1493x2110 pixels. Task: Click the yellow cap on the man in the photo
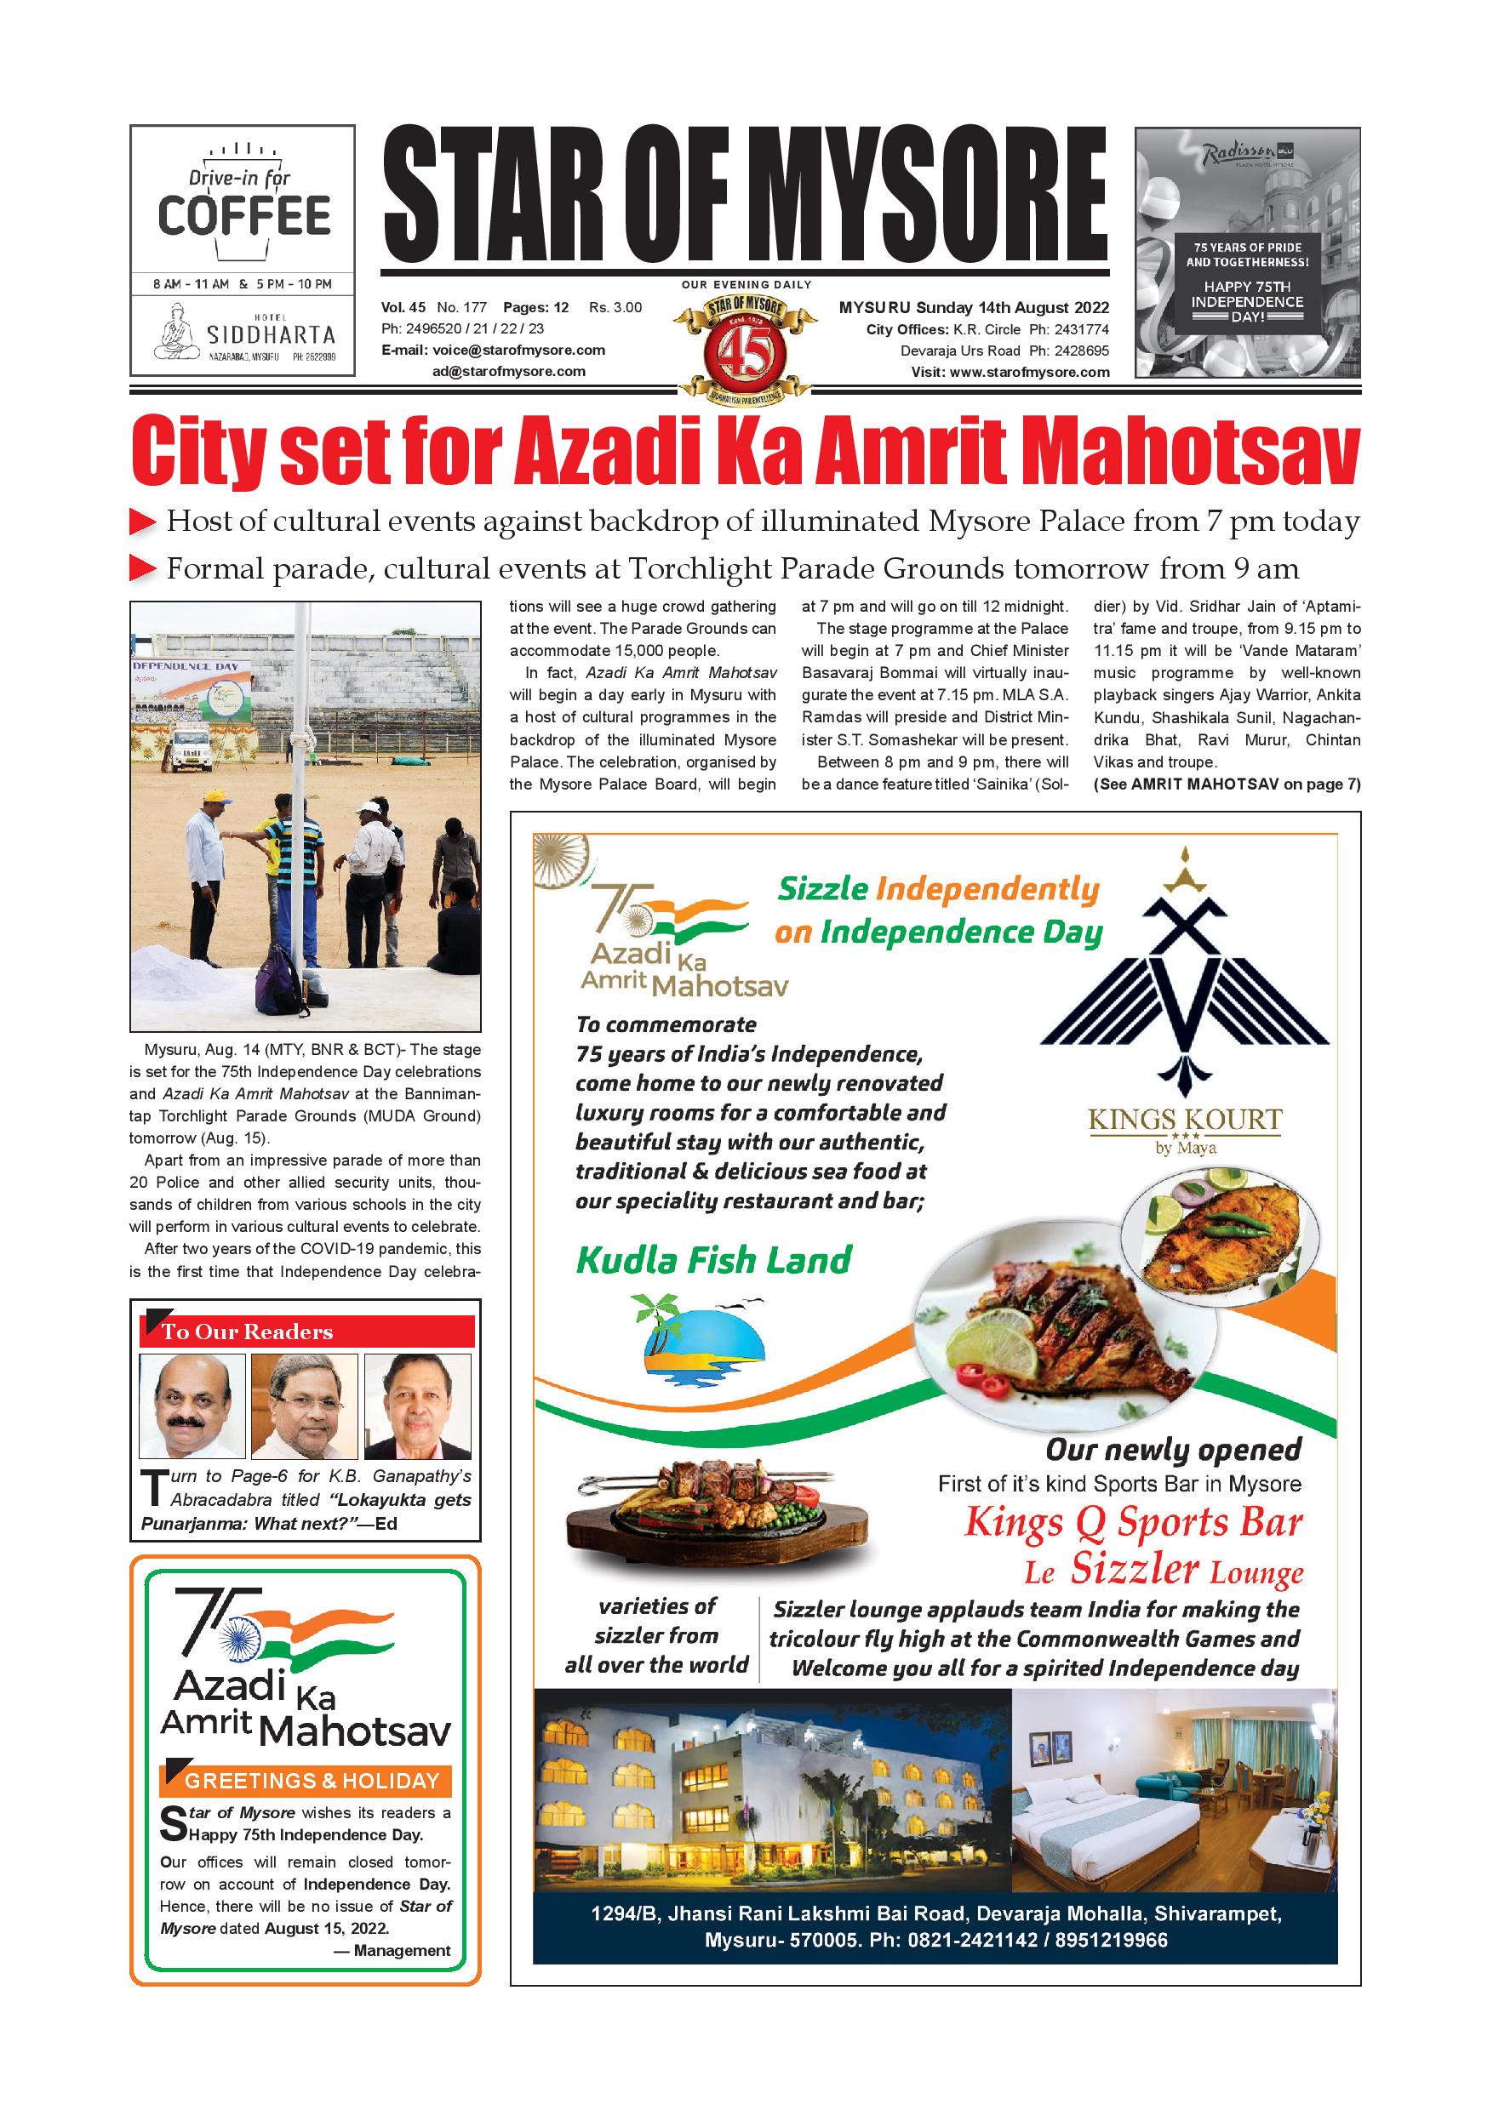click(x=214, y=796)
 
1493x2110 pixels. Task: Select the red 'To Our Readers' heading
click(x=307, y=1332)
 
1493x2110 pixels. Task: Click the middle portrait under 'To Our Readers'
click(x=304, y=1406)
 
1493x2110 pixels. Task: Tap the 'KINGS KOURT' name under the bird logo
click(x=1185, y=1121)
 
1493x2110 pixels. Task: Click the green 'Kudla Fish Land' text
click(x=713, y=1260)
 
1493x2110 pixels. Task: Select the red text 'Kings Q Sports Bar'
click(x=1133, y=1522)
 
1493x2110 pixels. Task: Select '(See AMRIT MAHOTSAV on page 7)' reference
click(x=1227, y=784)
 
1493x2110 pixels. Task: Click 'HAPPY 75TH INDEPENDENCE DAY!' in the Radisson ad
click(x=1248, y=300)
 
